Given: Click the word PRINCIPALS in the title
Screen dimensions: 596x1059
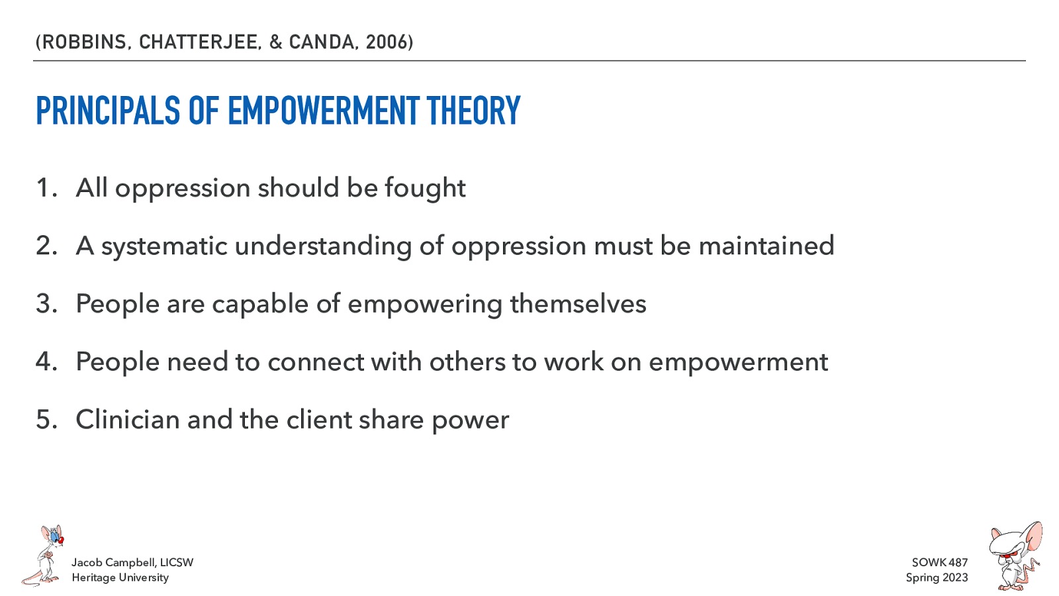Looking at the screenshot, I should click(108, 111).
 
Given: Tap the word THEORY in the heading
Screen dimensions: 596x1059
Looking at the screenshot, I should click(473, 111).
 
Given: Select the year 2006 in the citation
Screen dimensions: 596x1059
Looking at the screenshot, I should click(387, 42).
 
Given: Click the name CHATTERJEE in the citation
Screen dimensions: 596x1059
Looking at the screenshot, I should click(199, 42).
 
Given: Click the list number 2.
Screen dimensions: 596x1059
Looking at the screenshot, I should click(46, 246).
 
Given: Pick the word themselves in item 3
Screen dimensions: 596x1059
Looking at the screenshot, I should click(578, 304).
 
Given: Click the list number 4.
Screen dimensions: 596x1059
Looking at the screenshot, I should click(46, 362).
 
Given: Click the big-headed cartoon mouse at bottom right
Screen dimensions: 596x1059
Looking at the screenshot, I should click(1014, 556).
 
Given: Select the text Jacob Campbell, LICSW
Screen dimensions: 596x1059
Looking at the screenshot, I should click(132, 562).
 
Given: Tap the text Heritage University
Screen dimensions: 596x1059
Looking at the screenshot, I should click(120, 577).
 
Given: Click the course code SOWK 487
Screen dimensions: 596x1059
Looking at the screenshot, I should click(939, 562).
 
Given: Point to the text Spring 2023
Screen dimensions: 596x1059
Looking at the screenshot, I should click(937, 577).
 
